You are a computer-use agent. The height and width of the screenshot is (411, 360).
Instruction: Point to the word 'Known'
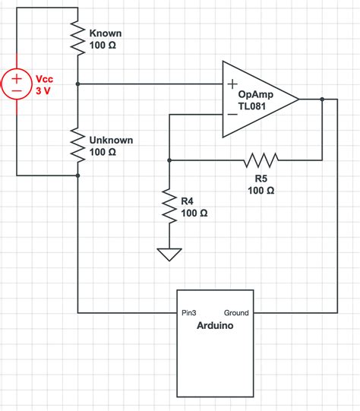click(106, 33)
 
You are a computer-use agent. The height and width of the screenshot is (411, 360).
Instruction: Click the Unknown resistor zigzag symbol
click(78, 145)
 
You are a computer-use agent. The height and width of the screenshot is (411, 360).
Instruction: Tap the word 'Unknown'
click(111, 141)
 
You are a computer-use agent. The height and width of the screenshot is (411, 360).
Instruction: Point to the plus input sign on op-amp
click(231, 84)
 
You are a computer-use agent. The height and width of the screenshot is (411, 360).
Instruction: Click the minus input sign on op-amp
click(231, 114)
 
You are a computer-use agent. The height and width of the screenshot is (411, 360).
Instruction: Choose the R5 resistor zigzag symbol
click(261, 160)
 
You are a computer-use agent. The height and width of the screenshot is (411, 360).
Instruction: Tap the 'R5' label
click(261, 178)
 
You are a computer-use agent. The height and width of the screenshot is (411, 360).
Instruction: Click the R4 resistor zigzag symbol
click(169, 204)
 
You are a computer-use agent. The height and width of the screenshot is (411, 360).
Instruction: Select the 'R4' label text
click(188, 201)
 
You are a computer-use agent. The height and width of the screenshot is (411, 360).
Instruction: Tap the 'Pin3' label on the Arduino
click(190, 312)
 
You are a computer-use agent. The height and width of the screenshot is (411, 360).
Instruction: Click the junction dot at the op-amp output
click(323, 99)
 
